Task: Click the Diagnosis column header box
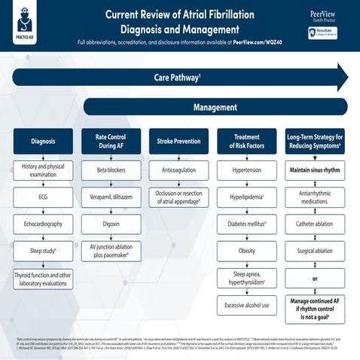[43, 141]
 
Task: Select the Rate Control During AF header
[111, 141]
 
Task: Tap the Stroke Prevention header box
[178, 141]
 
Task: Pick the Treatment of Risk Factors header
[246, 141]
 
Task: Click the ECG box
[43, 197]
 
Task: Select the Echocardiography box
[43, 224]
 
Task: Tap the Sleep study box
[43, 250]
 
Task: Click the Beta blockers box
[111, 170]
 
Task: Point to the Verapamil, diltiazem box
[111, 197]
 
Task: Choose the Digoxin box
[111, 224]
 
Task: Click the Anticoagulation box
[178, 170]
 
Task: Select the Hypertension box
[246, 170]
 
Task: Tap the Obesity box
[246, 250]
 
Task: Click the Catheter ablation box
[314, 224]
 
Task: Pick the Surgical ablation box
[314, 250]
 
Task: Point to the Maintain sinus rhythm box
[314, 170]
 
